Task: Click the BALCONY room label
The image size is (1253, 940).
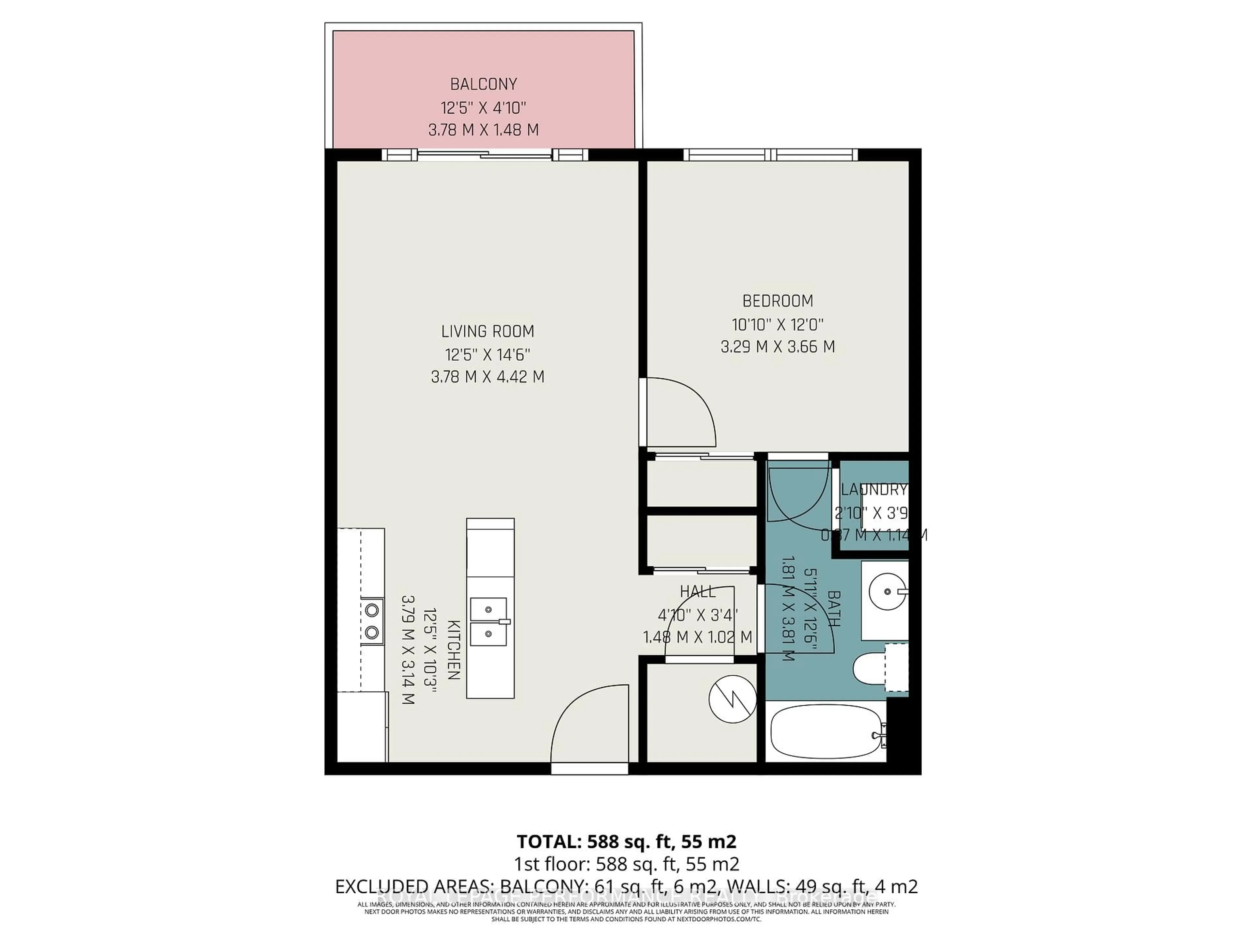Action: [483, 85]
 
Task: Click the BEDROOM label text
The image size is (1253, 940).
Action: [777, 301]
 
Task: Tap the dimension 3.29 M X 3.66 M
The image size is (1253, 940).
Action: [777, 347]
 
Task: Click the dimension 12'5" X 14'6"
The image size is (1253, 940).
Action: [487, 355]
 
